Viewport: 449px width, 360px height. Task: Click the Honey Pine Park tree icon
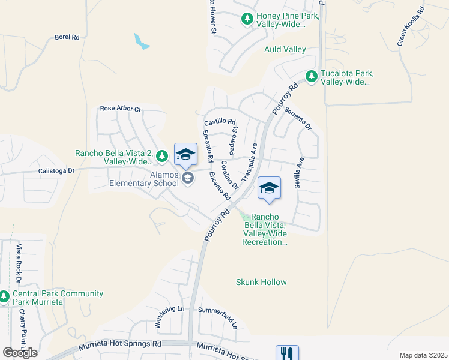tap(247, 19)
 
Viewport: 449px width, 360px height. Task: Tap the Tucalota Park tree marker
tap(311, 76)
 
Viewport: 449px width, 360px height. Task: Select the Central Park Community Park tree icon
tap(4, 296)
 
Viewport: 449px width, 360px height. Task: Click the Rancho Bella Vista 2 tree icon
tap(161, 156)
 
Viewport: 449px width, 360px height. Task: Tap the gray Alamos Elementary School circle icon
tap(188, 178)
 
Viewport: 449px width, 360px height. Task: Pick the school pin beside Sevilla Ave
tap(269, 188)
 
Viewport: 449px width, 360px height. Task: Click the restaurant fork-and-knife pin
tap(287, 353)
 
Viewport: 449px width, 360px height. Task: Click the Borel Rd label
tap(67, 37)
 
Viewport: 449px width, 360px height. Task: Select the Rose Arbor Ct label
tap(120, 109)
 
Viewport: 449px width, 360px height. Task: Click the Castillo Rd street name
tap(220, 121)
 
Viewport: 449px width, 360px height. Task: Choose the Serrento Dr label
tap(298, 119)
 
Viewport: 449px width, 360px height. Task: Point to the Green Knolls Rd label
tap(411, 26)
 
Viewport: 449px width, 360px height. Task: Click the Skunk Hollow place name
tap(261, 282)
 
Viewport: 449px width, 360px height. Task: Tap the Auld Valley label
tap(285, 49)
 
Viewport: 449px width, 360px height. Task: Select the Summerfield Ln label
tap(218, 319)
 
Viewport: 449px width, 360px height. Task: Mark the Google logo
tap(20, 353)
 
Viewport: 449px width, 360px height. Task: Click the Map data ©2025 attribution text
tap(423, 355)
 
